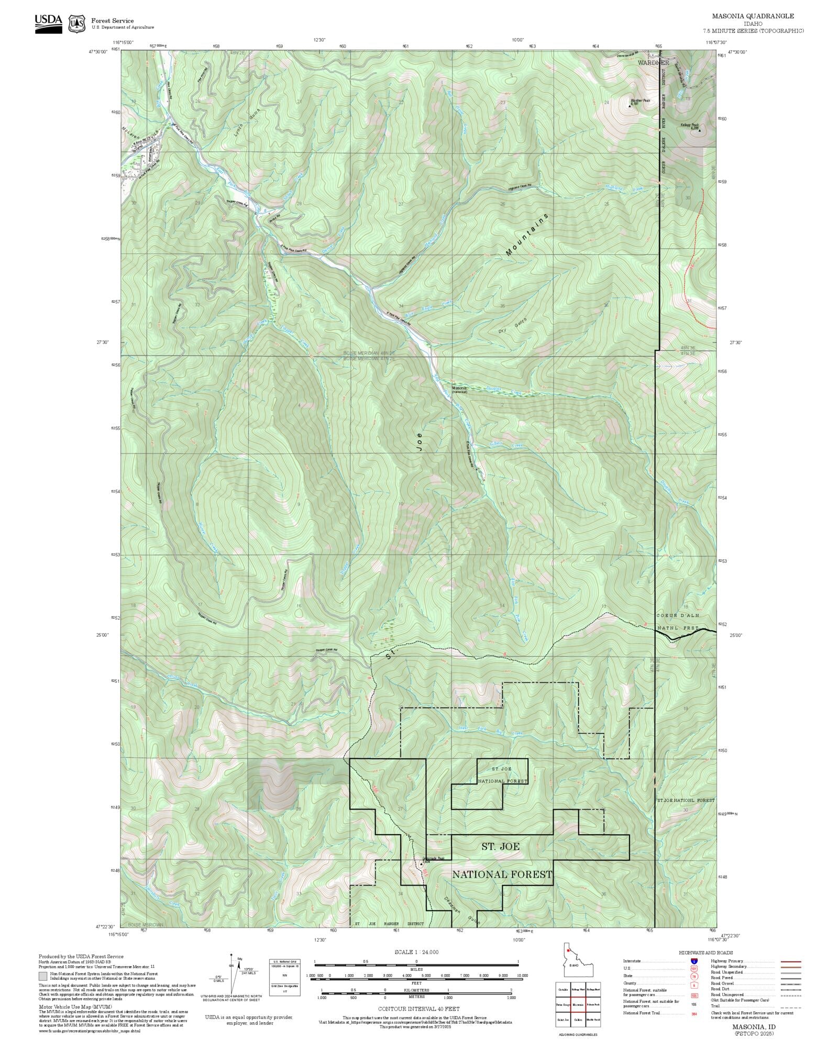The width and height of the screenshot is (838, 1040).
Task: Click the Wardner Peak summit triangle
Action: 629,106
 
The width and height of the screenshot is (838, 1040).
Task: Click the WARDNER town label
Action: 653,62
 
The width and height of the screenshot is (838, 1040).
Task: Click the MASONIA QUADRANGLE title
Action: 753,16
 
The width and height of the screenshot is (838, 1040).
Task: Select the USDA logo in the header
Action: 48,24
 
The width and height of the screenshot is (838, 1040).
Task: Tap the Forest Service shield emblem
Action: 78,24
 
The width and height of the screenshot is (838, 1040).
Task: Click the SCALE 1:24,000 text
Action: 416,952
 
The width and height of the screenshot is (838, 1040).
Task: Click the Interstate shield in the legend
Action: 694,961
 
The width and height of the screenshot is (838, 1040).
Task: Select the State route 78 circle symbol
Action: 694,976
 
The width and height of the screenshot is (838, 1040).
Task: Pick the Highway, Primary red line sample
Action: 790,961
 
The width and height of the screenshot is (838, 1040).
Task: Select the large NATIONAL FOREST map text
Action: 502,875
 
